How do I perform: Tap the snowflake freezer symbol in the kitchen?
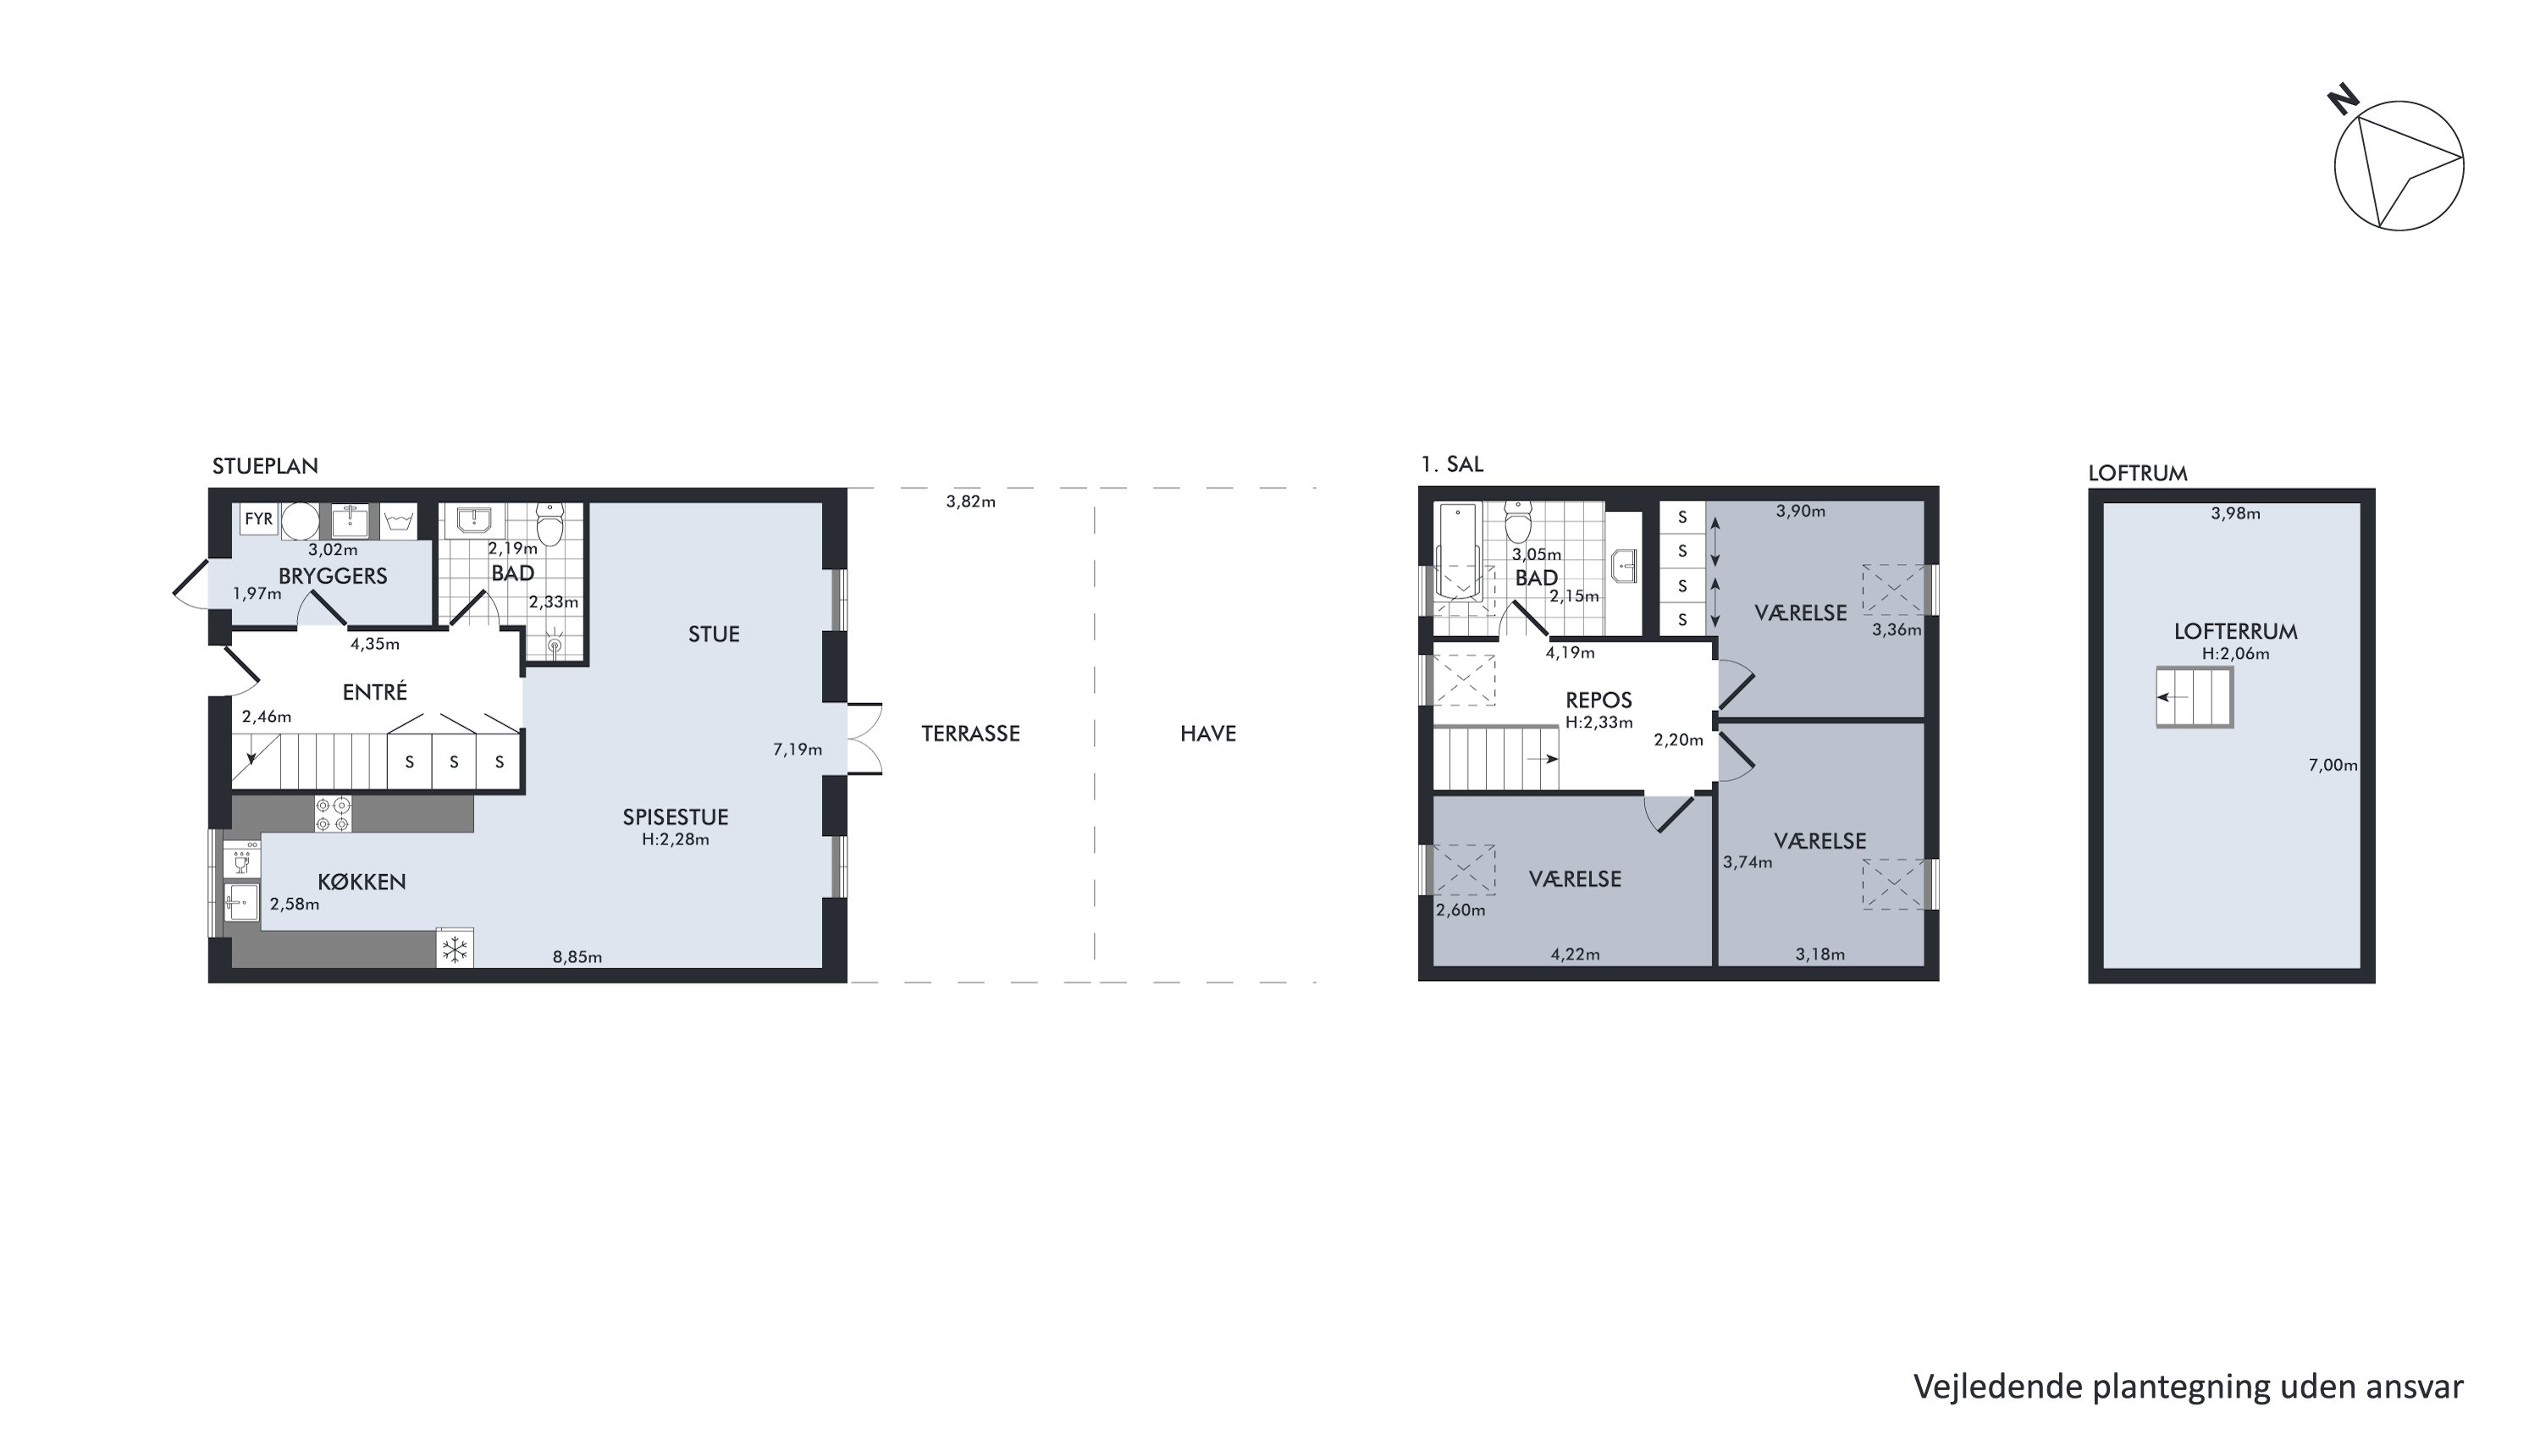tap(455, 950)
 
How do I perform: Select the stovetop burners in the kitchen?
tap(332, 815)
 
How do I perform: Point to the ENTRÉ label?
tap(375, 692)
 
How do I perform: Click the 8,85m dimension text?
tap(577, 956)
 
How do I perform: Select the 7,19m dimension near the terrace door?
tap(797, 750)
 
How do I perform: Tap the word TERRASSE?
tap(970, 734)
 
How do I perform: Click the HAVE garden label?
tap(1208, 734)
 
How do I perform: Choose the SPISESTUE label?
tap(676, 817)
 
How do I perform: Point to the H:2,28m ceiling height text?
tap(676, 840)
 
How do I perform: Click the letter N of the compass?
tap(2343, 98)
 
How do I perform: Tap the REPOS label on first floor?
tap(1599, 701)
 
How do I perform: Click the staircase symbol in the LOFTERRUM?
tap(2195, 697)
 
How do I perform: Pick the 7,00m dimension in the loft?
tap(2333, 765)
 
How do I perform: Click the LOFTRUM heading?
tap(2138, 474)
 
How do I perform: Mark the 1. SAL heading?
tap(1451, 464)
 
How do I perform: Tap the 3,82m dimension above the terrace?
tap(970, 502)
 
